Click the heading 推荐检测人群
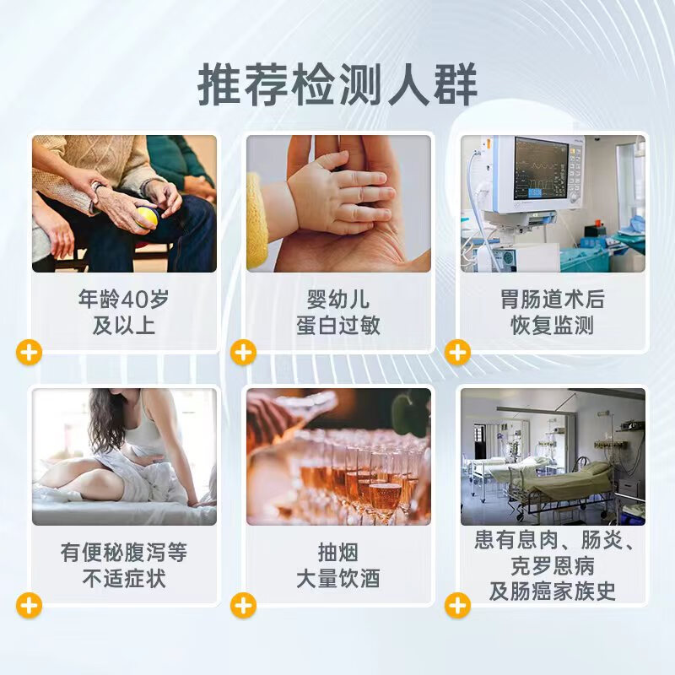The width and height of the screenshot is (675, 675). pos(337,84)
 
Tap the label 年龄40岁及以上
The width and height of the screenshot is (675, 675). pos(124,312)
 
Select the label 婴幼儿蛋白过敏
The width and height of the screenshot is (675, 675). pos(338,312)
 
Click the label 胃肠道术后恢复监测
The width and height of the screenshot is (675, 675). pos(553,312)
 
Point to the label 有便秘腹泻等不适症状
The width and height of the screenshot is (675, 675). pos(124,565)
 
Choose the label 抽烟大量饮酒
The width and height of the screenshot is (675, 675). pos(338,565)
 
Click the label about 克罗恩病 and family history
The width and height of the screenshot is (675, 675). pos(553,565)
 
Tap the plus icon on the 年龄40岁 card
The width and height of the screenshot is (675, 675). pos(30,352)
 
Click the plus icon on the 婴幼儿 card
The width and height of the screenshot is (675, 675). pos(243,352)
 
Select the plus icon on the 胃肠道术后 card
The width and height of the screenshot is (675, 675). pos(457,352)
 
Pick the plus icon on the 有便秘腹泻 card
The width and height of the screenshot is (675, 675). pos(30,605)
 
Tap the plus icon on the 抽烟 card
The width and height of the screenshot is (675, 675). pos(243,605)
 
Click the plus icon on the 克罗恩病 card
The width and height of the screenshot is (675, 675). pos(457,605)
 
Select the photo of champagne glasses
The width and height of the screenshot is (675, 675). pos(338,456)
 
